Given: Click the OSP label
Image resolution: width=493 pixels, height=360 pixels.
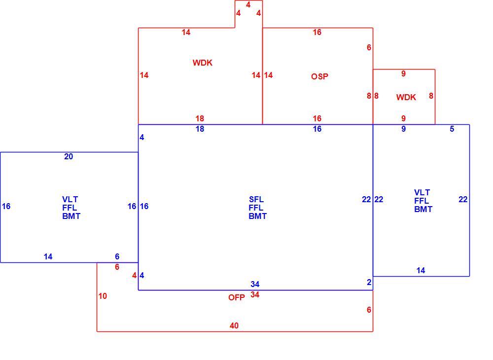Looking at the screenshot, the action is point(319,76).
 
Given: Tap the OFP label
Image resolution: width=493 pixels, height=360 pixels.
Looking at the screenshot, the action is point(237,297).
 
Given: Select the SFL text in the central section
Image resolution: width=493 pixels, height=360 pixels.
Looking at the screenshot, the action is point(256,199).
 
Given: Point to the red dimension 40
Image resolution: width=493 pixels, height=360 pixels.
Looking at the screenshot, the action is point(234,326).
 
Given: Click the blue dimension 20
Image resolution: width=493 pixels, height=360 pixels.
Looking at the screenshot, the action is point(69,157).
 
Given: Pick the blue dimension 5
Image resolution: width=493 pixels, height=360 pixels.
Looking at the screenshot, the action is point(452,129).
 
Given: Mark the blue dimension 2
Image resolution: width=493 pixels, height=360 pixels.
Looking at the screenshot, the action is point(369,283).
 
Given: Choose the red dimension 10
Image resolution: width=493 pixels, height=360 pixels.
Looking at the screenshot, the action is point(103,296).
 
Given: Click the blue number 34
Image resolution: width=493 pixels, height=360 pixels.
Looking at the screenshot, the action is point(255,284).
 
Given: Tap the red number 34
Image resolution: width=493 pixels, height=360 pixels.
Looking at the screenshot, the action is point(255,294).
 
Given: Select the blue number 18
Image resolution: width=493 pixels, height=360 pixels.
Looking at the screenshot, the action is point(200,129).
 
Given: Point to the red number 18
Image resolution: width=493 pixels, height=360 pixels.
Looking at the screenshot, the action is point(200,118).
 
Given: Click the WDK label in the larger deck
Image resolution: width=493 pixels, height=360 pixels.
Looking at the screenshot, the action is point(203,63).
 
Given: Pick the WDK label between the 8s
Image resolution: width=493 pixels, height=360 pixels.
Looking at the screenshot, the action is point(406,97).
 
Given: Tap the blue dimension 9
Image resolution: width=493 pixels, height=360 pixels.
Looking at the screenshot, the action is point(403,129).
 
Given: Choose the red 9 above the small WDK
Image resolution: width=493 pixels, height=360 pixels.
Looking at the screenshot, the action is point(403,73).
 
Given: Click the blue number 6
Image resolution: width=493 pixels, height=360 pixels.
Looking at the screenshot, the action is point(117,256).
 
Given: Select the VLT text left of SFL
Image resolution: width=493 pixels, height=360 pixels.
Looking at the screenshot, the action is point(70,199).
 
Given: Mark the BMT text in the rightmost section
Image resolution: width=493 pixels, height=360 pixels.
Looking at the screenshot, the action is point(423,209).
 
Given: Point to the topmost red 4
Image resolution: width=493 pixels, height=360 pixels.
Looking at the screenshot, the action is point(248,5).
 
